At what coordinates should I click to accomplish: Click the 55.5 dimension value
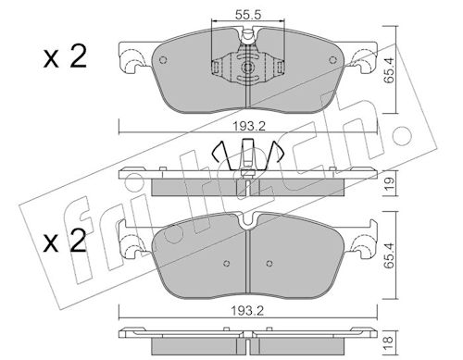pyautogui.click(x=248, y=14)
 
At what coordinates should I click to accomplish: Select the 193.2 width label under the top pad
pyautogui.click(x=249, y=126)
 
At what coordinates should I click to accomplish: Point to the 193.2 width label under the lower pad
pyautogui.click(x=248, y=311)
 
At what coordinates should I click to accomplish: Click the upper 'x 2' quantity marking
pyautogui.click(x=65, y=57)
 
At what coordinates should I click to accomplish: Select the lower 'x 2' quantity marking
pyautogui.click(x=65, y=241)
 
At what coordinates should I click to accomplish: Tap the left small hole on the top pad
pyautogui.click(x=163, y=60)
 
